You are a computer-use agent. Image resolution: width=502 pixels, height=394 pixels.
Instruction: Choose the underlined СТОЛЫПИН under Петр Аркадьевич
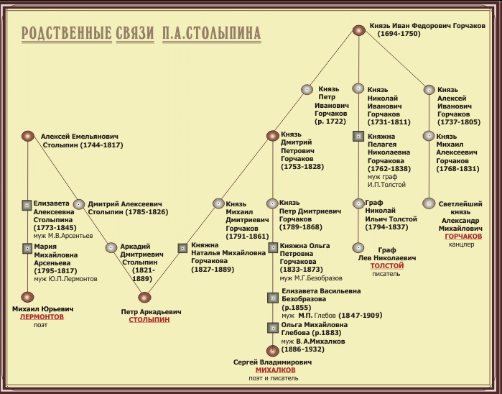[x=149, y=320]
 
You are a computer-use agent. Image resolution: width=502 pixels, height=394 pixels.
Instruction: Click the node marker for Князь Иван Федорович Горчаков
[x=360, y=30]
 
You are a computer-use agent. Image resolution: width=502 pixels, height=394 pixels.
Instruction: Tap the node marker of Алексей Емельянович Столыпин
[x=28, y=135]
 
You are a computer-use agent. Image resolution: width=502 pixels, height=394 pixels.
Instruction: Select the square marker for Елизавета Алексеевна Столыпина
[x=27, y=204]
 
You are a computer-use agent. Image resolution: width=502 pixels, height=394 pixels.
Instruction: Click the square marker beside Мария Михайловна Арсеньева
[x=27, y=248]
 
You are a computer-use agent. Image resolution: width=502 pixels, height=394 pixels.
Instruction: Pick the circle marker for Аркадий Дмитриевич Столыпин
[x=111, y=248]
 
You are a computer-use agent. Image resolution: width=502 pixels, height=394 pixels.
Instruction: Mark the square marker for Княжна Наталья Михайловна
[x=182, y=248]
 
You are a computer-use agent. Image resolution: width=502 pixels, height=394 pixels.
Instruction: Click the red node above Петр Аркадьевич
[x=145, y=297]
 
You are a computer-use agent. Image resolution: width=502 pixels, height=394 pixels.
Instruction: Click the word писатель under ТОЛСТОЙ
[x=386, y=274]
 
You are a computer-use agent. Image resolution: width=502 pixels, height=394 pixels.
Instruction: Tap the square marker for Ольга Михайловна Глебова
[x=272, y=327]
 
